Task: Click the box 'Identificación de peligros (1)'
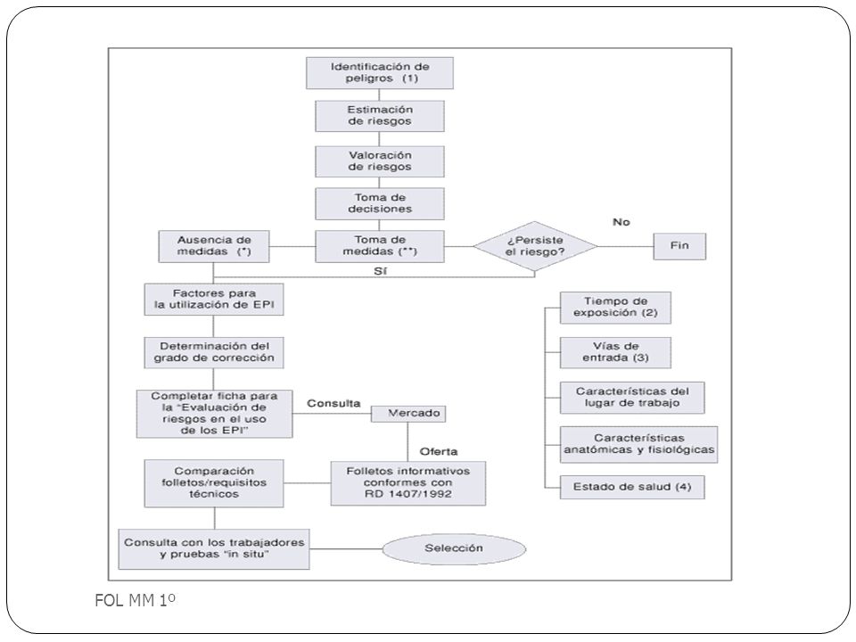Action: (380, 72)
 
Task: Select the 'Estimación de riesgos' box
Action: (380, 115)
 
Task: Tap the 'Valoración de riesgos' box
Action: (380, 161)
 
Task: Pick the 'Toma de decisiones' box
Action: (380, 203)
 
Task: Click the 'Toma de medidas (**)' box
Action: (380, 246)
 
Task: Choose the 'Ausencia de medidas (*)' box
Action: (214, 246)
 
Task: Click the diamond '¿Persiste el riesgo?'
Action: (535, 246)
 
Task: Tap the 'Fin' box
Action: (679, 246)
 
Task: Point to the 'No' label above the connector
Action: (621, 222)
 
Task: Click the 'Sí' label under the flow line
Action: (381, 271)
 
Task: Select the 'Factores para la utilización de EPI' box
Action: (214, 299)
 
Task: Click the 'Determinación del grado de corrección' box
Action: (214, 352)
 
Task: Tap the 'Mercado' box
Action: (408, 413)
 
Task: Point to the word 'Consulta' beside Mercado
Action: (333, 403)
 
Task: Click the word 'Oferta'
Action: (439, 451)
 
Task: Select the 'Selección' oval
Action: (454, 548)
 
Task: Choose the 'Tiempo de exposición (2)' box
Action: (615, 308)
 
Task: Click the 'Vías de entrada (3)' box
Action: (615, 352)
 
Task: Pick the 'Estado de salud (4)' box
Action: (632, 487)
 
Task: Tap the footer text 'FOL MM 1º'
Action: (135, 600)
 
